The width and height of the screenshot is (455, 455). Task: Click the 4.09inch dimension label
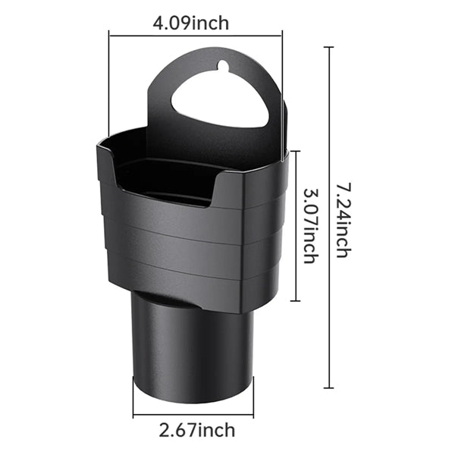[191, 24]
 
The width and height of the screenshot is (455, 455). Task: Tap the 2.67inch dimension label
[197, 430]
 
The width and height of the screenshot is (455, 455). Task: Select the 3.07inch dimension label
[311, 226]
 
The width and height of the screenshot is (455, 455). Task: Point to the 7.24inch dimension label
[344, 220]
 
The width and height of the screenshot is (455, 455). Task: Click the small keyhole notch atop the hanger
[224, 65]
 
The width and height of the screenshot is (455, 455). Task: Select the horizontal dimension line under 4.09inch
[196, 36]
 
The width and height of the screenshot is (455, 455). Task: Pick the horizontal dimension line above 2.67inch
[193, 415]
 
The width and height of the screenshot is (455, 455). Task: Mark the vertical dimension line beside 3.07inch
[296, 226]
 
